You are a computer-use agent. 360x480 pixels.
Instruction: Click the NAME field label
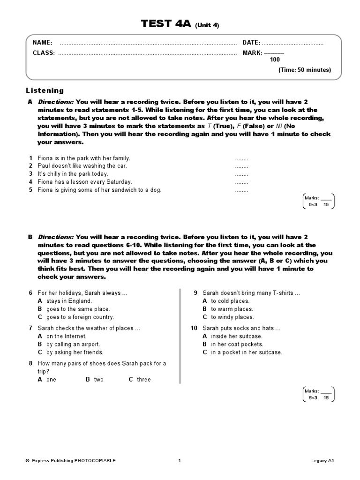[x=42, y=43]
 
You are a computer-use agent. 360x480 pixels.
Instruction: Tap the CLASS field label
[x=44, y=53]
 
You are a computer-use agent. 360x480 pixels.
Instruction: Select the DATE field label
[x=251, y=43]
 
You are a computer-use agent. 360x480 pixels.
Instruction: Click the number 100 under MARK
[x=275, y=60]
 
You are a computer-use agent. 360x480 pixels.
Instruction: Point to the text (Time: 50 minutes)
[x=305, y=70]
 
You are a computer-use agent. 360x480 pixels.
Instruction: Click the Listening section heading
[x=45, y=90]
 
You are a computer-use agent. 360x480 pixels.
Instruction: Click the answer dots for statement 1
[x=241, y=158]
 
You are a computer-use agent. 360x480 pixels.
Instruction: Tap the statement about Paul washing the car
[x=82, y=166]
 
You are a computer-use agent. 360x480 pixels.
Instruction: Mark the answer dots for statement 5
[x=241, y=190]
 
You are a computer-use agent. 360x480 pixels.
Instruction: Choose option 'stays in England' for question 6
[x=69, y=301]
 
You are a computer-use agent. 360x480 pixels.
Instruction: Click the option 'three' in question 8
[x=144, y=379]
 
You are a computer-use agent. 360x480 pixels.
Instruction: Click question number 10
[x=195, y=328]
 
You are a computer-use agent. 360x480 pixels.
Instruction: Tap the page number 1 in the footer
[x=180, y=461]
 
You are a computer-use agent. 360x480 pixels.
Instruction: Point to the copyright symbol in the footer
[x=27, y=461]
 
